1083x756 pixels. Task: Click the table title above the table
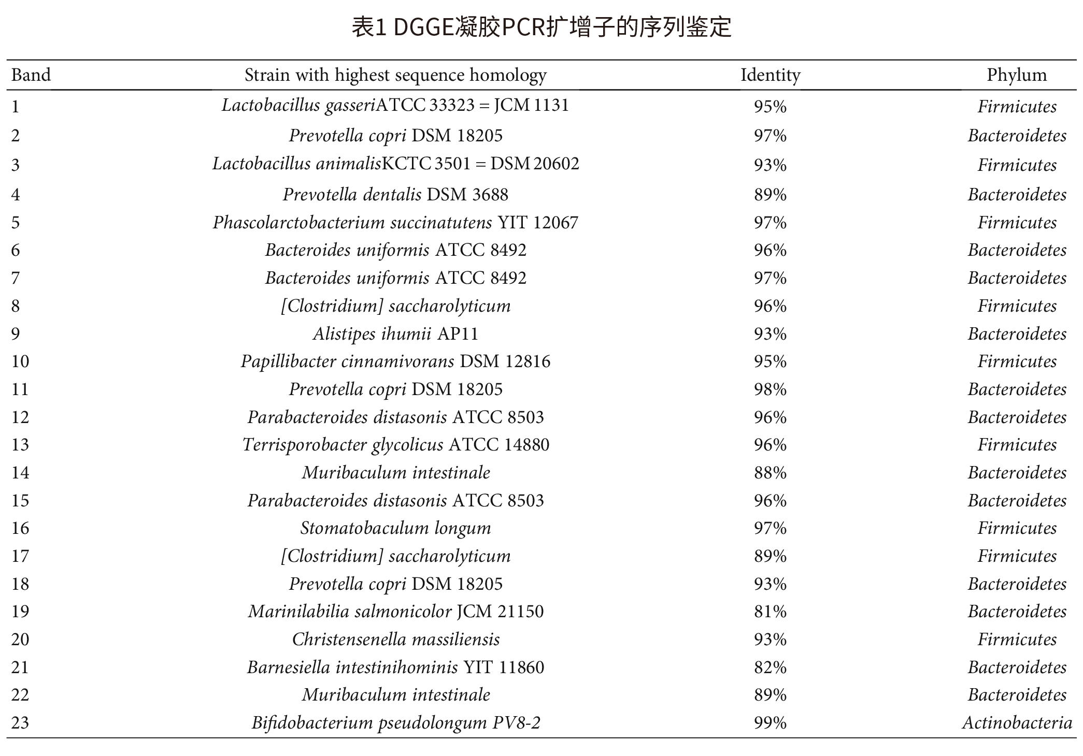[x=541, y=27]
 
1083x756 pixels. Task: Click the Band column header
[x=31, y=75]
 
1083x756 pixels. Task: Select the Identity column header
[x=770, y=75]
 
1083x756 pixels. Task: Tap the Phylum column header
[x=1016, y=75]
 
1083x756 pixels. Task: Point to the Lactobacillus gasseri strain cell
[x=395, y=106]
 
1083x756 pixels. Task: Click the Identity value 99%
[x=770, y=722]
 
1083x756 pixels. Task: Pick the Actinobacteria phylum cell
[x=1017, y=722]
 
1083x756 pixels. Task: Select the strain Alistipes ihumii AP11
[x=395, y=333]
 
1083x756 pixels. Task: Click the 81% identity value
[x=770, y=612]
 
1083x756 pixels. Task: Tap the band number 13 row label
[x=20, y=445]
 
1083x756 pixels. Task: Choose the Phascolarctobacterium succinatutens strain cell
[x=395, y=223]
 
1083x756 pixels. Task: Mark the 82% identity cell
[x=770, y=667]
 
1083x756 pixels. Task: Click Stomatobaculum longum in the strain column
[x=395, y=528]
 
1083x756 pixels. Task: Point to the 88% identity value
[x=770, y=473]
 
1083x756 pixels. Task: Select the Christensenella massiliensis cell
[x=395, y=639]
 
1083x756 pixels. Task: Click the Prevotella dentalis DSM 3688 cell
[x=395, y=195]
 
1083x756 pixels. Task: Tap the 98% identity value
[x=770, y=389]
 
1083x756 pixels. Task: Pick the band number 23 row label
[x=20, y=722]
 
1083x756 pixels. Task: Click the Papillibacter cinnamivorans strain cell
[x=395, y=361]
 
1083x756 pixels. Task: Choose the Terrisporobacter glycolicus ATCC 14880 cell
[x=395, y=445]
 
